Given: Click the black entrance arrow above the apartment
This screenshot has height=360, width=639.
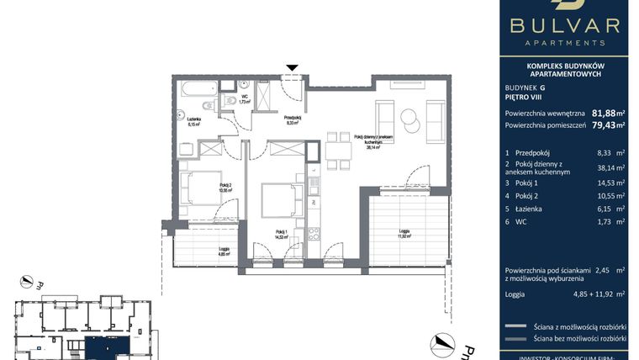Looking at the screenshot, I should click(292, 68).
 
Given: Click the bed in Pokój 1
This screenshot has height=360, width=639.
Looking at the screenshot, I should click(277, 201).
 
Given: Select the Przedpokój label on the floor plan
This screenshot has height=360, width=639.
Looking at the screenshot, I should click(292, 119).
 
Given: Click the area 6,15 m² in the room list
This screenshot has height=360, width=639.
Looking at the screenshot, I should click(598, 209).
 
